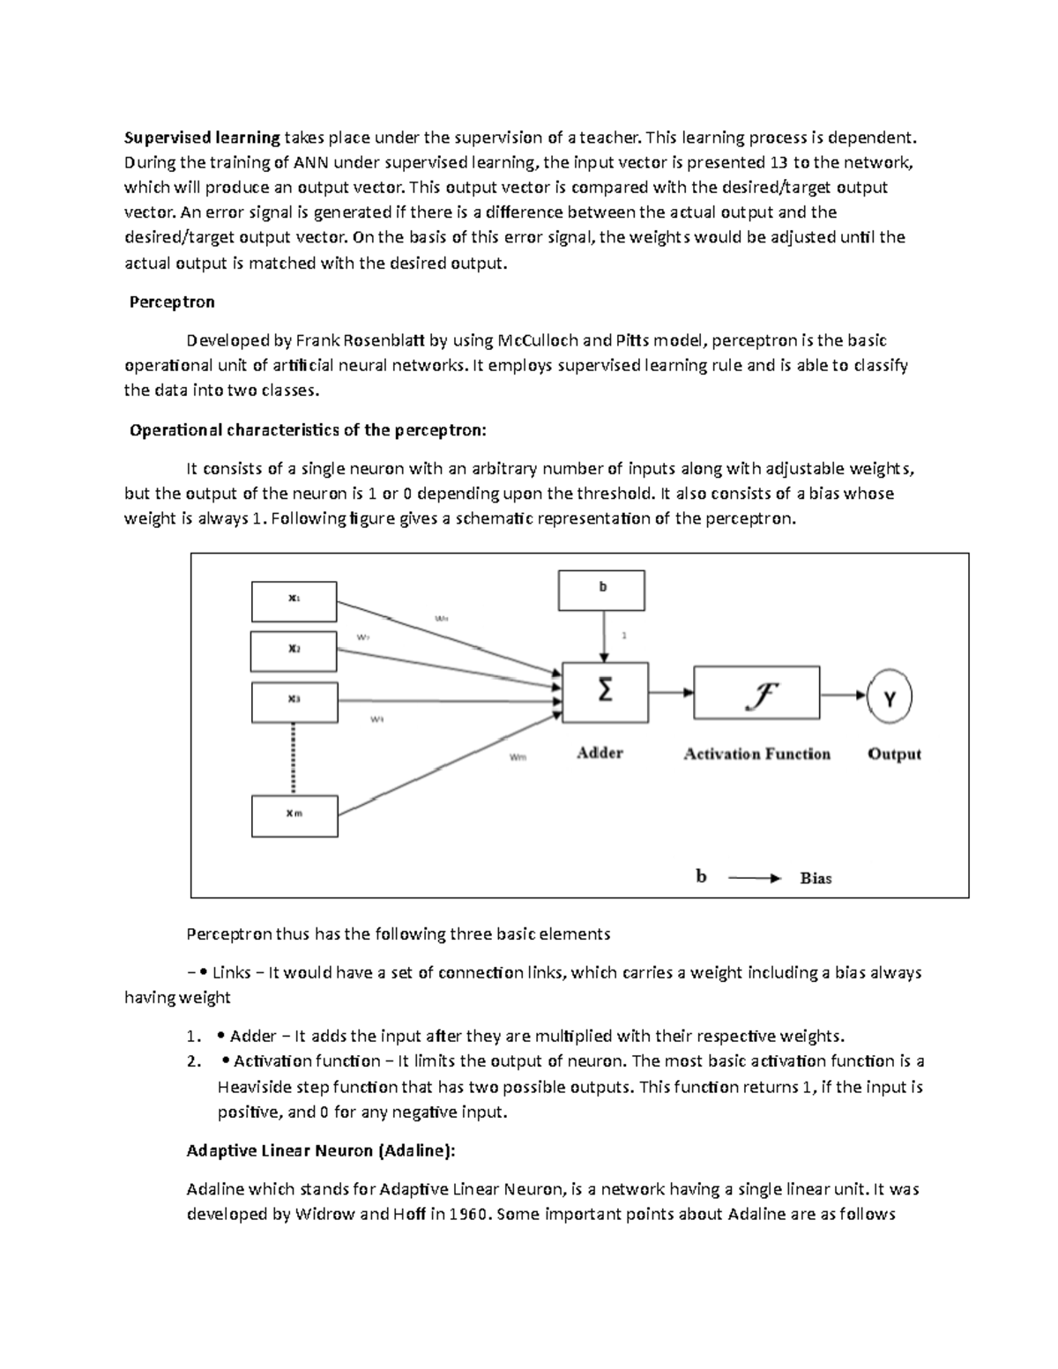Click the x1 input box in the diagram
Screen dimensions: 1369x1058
pyautogui.click(x=294, y=602)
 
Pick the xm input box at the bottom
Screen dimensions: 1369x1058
pyautogui.click(x=294, y=815)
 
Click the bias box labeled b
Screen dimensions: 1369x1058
pyautogui.click(x=602, y=590)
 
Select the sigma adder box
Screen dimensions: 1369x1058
pyautogui.click(x=605, y=693)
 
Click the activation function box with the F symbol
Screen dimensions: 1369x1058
pyautogui.click(x=756, y=694)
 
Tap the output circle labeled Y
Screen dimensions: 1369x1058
pyautogui.click(x=890, y=699)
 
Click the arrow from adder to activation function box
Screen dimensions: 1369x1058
pyautogui.click(x=671, y=694)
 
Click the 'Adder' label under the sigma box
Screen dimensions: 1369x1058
pyautogui.click(x=600, y=753)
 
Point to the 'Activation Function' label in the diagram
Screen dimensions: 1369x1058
pyautogui.click(x=756, y=754)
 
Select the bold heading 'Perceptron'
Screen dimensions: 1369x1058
pyautogui.click(x=172, y=302)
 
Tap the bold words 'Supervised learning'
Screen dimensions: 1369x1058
pyautogui.click(x=202, y=138)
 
